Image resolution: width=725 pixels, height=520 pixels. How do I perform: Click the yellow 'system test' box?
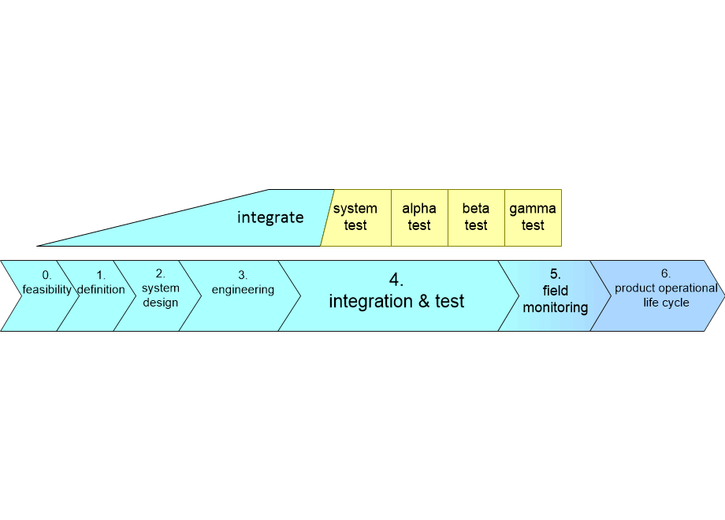click(356, 217)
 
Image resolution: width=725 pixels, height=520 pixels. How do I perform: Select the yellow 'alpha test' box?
click(419, 217)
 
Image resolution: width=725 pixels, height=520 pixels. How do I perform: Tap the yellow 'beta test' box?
click(476, 217)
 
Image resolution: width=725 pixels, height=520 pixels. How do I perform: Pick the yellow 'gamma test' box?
click(533, 217)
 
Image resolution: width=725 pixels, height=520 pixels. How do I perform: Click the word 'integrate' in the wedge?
click(270, 217)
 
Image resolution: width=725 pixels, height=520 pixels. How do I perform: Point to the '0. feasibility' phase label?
click(46, 282)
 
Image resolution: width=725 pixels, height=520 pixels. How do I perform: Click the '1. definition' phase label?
click(101, 282)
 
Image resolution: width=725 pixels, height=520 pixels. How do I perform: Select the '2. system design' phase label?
click(160, 288)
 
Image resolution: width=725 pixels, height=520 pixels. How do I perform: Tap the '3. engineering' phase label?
click(243, 282)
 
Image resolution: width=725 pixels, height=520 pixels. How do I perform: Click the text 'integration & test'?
click(396, 301)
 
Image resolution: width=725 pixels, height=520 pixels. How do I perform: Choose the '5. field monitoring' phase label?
click(555, 292)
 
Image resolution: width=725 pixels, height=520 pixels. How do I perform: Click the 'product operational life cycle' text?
click(666, 295)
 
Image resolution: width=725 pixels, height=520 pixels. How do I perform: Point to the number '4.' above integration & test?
click(396, 280)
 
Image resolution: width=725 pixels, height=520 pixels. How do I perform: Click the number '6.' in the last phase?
click(666, 274)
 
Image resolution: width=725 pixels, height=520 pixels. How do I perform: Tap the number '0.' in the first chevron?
click(46, 275)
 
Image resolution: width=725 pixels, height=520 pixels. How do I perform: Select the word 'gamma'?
click(533, 209)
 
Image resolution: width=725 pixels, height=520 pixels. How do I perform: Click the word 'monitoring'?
click(555, 307)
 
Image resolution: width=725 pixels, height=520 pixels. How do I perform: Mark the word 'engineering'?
click(243, 289)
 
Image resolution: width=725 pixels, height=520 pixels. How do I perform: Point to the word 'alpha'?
click(419, 209)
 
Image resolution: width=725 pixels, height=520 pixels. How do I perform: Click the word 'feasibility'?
click(46, 289)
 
